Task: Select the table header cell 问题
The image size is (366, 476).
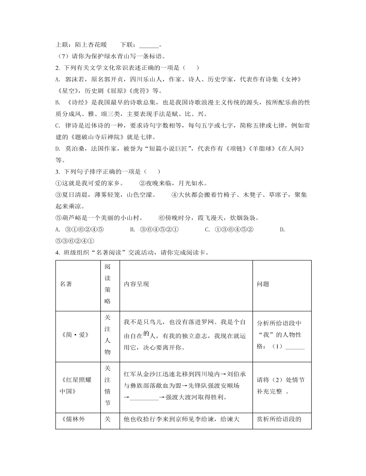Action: click(262, 284)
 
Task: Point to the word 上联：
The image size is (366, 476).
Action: click(63, 45)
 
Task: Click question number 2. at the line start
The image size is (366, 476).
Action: click(58, 68)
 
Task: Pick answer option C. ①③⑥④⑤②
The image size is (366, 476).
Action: click(229, 229)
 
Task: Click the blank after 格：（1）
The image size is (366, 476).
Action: click(296, 346)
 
